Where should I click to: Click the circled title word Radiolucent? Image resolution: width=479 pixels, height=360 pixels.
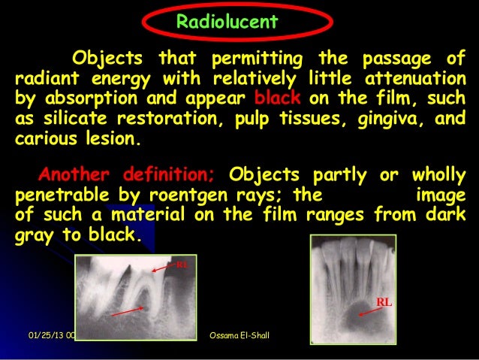(227, 22)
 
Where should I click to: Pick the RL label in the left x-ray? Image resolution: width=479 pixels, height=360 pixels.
(181, 265)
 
